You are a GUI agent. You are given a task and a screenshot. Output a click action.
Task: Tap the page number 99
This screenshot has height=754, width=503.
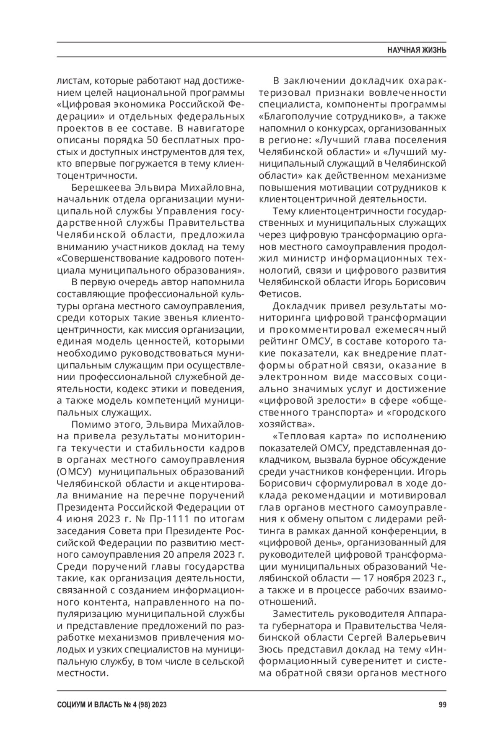442,705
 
